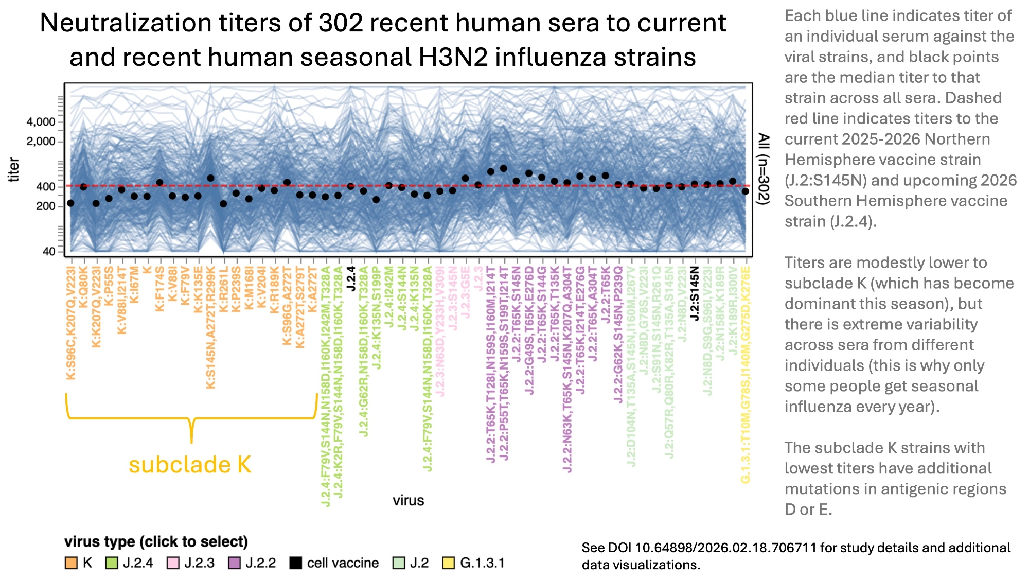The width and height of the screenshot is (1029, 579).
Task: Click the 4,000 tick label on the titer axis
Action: pos(41,122)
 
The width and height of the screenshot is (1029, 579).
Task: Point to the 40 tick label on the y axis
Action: pos(48,252)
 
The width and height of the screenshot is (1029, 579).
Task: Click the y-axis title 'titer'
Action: pos(14,170)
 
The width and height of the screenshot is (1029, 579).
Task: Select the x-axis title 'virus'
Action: pos(408,501)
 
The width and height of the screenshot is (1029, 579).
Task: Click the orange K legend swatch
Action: pos(71,563)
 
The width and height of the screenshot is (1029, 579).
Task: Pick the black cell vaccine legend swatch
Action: pos(295,563)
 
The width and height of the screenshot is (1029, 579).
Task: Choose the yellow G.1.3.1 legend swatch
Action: pos(449,563)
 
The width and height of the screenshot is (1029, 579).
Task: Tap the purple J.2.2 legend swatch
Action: pos(234,563)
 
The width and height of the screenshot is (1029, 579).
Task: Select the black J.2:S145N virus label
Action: pos(695,293)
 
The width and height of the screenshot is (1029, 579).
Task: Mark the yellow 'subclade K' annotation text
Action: pos(190,465)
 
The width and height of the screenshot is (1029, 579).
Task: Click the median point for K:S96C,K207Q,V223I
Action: pos(70,203)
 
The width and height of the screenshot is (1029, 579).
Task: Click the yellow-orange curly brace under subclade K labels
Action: pos(191,418)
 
